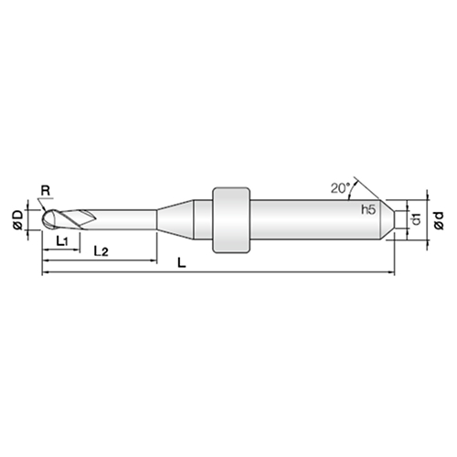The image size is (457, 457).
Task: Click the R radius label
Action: (46, 191)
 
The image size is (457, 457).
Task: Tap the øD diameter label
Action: (18, 220)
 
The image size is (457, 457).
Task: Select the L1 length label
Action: (62, 241)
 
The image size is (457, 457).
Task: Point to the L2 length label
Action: (101, 251)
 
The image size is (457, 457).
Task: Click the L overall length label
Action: (182, 262)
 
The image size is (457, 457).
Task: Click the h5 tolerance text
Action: (368, 209)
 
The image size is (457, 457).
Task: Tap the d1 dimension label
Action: (416, 219)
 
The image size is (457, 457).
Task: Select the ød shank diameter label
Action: (439, 220)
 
